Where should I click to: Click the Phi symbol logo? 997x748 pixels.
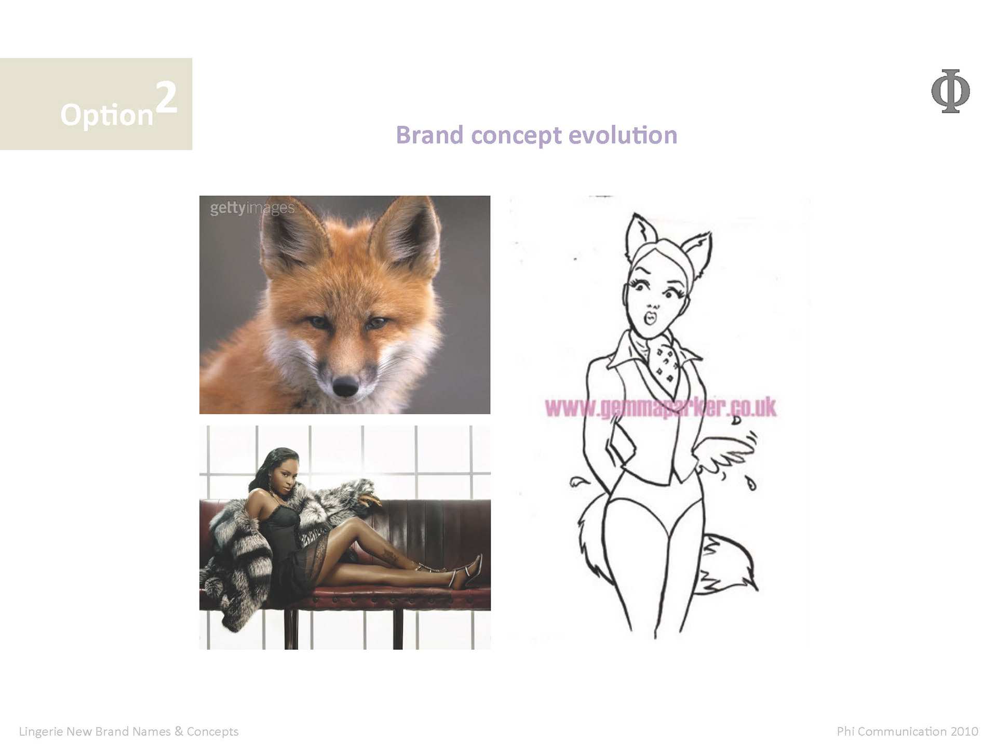950,91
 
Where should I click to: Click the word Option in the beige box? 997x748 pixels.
107,115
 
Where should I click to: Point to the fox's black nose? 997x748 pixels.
345,385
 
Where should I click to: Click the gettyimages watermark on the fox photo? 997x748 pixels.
252,208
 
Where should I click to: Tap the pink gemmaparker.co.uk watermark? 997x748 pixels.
661,408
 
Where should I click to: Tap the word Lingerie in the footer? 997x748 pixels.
41,732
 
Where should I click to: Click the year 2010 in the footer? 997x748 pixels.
964,731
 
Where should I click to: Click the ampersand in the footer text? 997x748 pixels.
179,731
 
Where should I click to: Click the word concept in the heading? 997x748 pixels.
516,136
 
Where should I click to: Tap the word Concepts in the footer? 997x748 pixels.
212,732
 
